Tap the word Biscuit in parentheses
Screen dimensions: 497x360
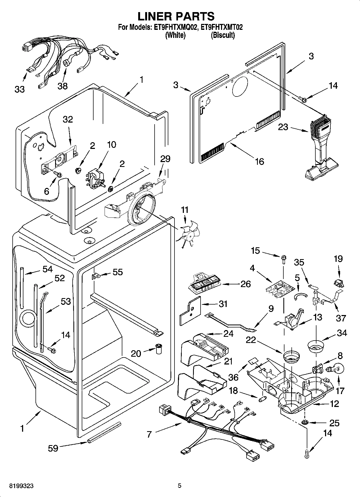pos(223,35)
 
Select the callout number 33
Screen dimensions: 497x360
pos(20,89)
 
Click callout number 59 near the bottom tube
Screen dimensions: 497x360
pos(53,448)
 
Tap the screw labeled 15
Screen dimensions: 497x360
pos(283,259)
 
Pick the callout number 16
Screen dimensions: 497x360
pos(259,161)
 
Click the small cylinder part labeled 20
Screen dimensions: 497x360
pos(159,349)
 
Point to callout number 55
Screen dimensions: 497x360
pos(117,272)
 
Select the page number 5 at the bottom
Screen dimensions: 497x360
pos(179,486)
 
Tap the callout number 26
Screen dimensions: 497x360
pos(245,284)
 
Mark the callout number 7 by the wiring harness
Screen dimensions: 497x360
pos(149,434)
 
